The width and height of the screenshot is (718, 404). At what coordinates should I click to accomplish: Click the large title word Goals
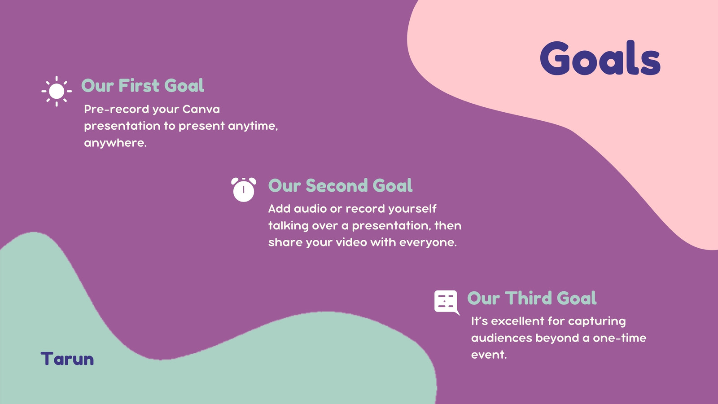tap(600, 58)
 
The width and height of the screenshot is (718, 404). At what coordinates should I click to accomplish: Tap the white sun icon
tap(57, 92)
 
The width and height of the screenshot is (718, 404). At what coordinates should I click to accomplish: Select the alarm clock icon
tap(244, 189)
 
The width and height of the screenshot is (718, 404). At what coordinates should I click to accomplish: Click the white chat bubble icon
tap(447, 303)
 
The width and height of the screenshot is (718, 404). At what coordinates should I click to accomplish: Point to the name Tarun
tap(67, 359)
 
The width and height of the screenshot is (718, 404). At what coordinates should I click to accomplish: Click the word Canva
tap(201, 110)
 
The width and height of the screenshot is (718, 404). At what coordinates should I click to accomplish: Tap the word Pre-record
tap(117, 110)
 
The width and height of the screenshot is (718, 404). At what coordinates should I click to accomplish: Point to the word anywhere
tap(115, 143)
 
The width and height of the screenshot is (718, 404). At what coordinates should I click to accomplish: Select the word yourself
tap(412, 209)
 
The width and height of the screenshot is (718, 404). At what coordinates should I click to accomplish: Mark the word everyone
tap(428, 243)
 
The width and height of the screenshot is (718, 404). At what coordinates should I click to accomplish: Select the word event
tap(489, 355)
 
